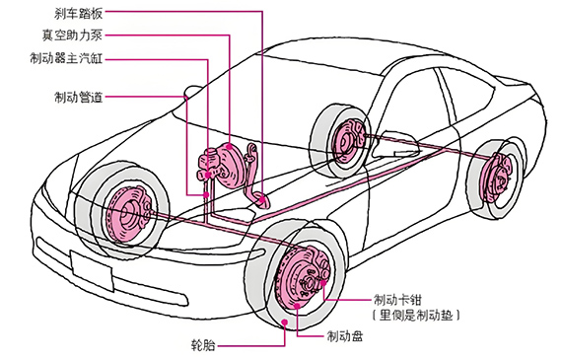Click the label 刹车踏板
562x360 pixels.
tap(79, 13)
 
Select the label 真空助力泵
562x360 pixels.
tap(72, 36)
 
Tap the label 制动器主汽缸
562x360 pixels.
tap(66, 58)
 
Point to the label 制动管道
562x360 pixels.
tap(79, 97)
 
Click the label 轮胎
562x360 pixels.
tap(203, 345)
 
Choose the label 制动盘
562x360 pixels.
tap(345, 336)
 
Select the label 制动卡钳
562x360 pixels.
tap(397, 300)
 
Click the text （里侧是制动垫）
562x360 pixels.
tap(416, 316)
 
